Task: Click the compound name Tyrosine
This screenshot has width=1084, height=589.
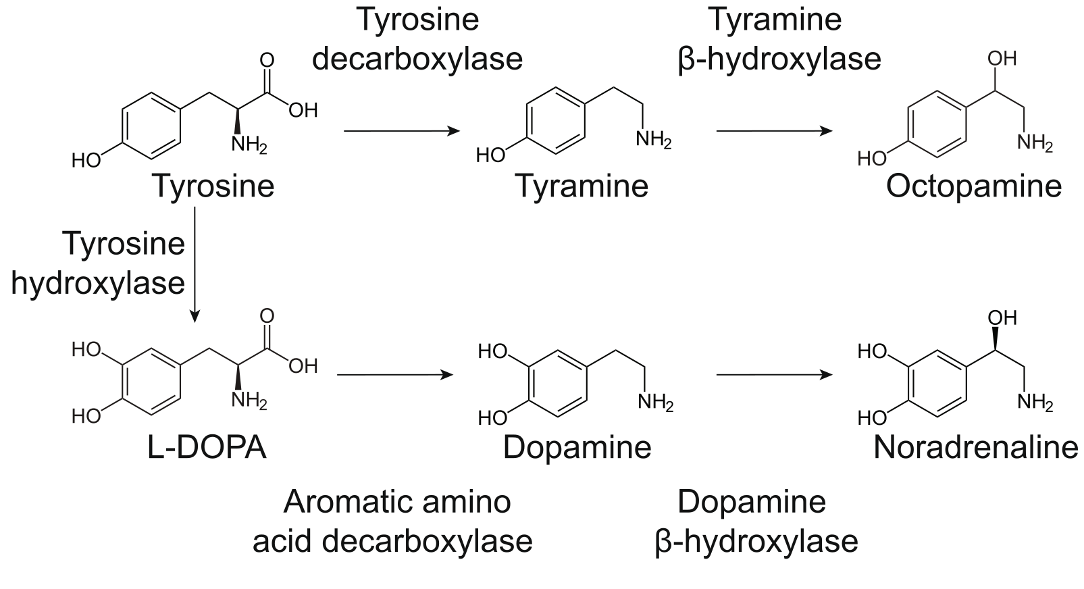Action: pyautogui.click(x=213, y=186)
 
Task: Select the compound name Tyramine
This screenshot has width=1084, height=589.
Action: pyautogui.click(x=582, y=186)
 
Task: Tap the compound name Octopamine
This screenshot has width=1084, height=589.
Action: pyautogui.click(x=973, y=186)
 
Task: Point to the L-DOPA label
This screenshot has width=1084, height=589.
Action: pyautogui.click(x=207, y=447)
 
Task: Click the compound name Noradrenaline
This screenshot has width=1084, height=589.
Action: pyautogui.click(x=976, y=447)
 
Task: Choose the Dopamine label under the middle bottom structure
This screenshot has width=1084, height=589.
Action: pyautogui.click(x=577, y=447)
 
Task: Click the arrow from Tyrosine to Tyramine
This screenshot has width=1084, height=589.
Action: pyautogui.click(x=401, y=131)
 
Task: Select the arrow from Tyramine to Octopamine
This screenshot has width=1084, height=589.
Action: pyautogui.click(x=774, y=131)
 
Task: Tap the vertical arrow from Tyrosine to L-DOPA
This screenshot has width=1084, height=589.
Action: pyautogui.click(x=195, y=263)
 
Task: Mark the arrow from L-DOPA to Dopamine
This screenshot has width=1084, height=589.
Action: pyautogui.click(x=394, y=375)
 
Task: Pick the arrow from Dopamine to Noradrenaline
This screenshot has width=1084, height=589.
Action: pyautogui.click(x=774, y=375)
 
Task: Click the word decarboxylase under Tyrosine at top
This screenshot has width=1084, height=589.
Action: pyautogui.click(x=417, y=59)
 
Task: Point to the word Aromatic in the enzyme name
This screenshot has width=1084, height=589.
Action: pyautogui.click(x=340, y=502)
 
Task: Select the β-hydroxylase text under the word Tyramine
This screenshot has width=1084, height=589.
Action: pyautogui.click(x=779, y=59)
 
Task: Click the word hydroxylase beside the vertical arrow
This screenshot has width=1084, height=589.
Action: pyautogui.click(x=98, y=282)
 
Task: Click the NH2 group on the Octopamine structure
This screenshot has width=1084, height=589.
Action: pyautogui.click(x=1034, y=143)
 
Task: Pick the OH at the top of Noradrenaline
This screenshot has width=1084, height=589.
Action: pyautogui.click(x=1002, y=317)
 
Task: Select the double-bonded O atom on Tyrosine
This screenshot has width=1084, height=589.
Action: pyautogui.click(x=267, y=59)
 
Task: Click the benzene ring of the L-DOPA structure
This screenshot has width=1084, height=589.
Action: pyautogui.click(x=153, y=382)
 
